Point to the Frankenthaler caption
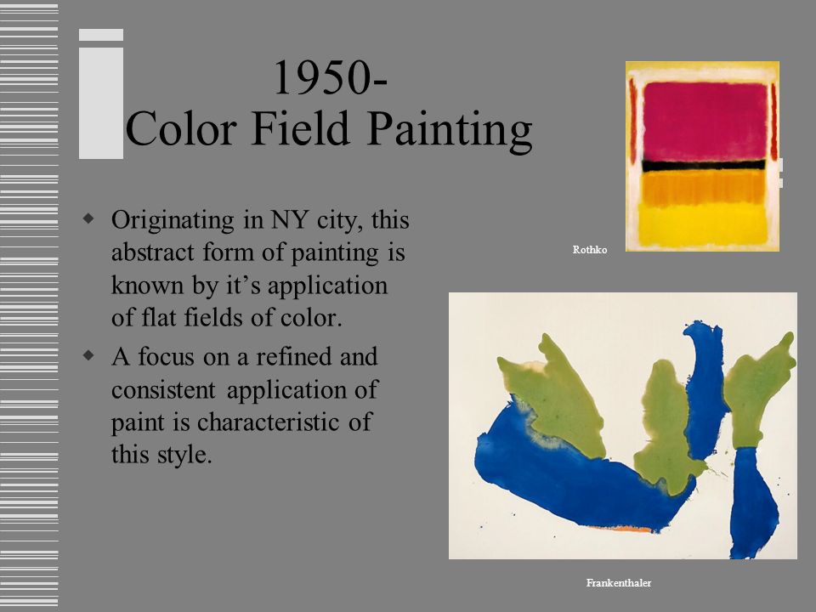pyautogui.click(x=618, y=582)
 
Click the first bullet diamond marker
pyautogui.click(x=89, y=219)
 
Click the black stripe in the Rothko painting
pyautogui.click(x=703, y=165)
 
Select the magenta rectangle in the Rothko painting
pyautogui.click(x=703, y=119)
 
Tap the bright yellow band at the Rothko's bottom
pyautogui.click(x=703, y=224)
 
